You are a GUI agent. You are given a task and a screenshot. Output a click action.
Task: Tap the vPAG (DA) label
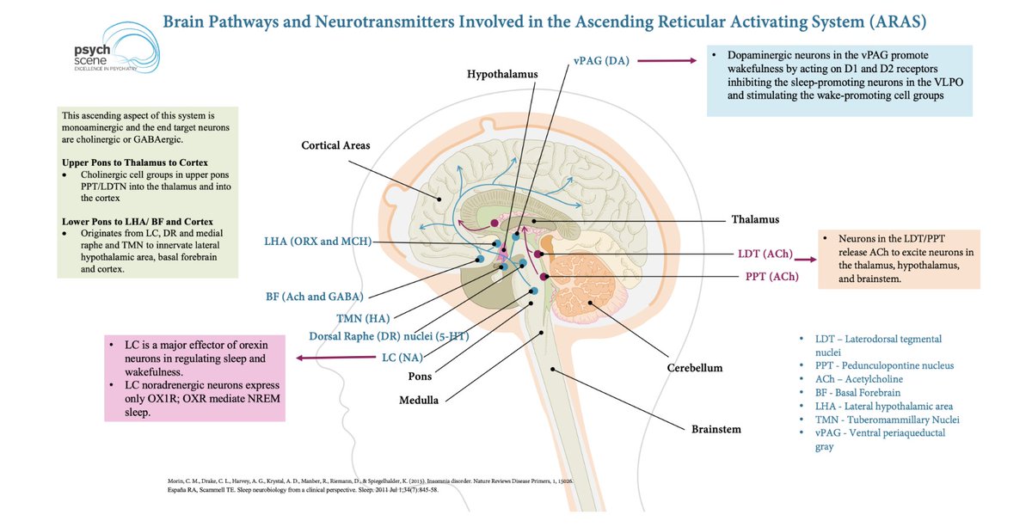[x=601, y=61]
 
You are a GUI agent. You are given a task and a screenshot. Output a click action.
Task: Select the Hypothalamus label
[x=502, y=75]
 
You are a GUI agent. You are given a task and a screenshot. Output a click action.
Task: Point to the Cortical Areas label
[x=335, y=145]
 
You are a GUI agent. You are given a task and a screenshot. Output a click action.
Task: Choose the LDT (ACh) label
[x=760, y=254]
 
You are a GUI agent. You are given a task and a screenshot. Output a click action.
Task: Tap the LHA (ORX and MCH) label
[x=319, y=242]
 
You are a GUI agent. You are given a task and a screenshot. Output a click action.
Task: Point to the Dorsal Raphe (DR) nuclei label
[x=389, y=336]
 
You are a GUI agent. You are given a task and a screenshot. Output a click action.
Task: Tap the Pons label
[x=420, y=376]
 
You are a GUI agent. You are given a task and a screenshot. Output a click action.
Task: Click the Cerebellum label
[x=694, y=368]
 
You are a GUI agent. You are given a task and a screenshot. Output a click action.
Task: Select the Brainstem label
[x=716, y=428]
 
